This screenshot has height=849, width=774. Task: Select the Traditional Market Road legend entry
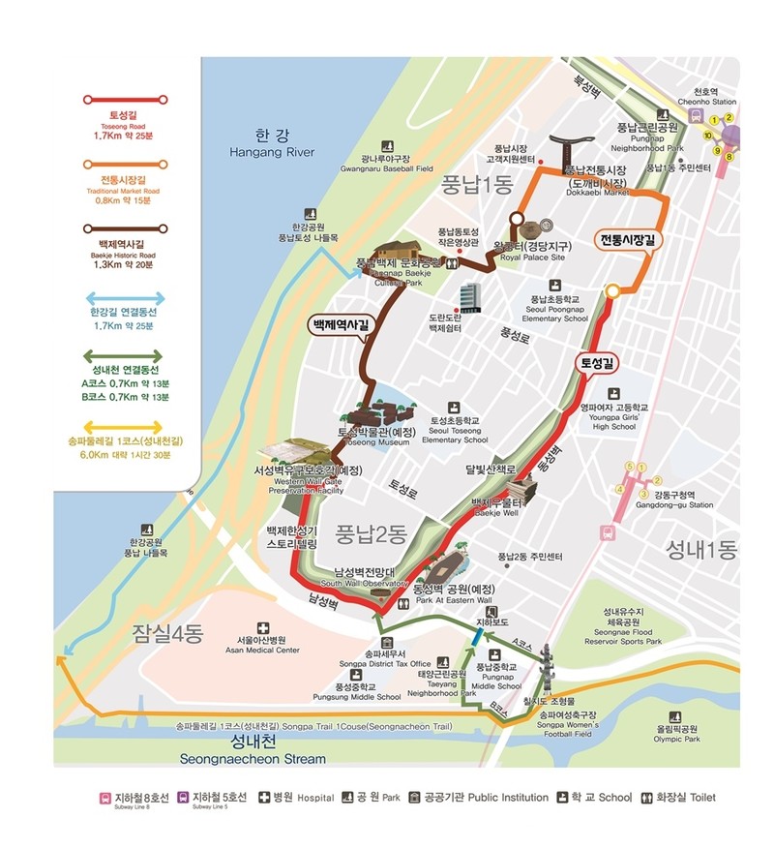click(120, 186)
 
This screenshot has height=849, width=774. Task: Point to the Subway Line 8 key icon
click(105, 798)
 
